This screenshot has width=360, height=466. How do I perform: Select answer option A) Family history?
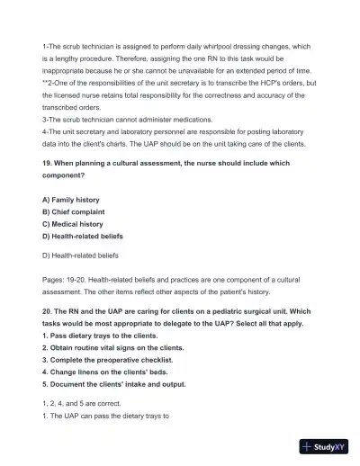tap(71, 199)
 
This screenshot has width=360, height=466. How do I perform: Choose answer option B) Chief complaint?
tap(75, 211)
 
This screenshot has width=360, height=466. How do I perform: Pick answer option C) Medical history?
tap(73, 224)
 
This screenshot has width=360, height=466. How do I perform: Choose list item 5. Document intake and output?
tap(114, 384)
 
